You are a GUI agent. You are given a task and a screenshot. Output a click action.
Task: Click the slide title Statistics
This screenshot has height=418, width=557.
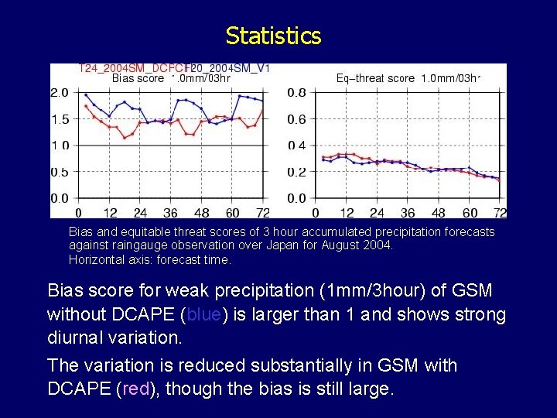coord(273,36)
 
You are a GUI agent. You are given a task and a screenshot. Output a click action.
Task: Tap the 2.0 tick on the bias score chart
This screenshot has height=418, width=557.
coord(60,93)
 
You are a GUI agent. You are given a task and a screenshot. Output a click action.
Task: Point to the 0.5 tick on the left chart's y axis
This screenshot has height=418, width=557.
coord(60,172)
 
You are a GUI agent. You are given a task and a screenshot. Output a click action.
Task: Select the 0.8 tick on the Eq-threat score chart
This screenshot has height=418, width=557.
coord(296,93)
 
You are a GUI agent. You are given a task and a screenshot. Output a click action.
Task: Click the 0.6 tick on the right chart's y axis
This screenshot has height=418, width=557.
coord(296,119)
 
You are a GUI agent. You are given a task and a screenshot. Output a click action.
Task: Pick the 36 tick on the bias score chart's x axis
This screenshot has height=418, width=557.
coord(170,213)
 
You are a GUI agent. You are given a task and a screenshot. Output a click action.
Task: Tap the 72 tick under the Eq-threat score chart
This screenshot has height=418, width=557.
coord(500,213)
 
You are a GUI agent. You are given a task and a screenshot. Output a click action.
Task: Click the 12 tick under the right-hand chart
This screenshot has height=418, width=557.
coord(347,213)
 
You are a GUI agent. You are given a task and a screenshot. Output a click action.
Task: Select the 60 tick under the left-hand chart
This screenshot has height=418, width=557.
coord(232,213)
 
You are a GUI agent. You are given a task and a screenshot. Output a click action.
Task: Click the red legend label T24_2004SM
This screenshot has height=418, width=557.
coord(132,68)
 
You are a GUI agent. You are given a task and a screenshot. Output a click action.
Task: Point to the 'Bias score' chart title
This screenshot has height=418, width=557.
coord(138,78)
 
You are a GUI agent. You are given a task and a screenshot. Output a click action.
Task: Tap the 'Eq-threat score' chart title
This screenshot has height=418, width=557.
coord(377,78)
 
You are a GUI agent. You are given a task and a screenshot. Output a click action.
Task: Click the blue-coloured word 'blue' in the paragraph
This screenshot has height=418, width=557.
coord(203,315)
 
